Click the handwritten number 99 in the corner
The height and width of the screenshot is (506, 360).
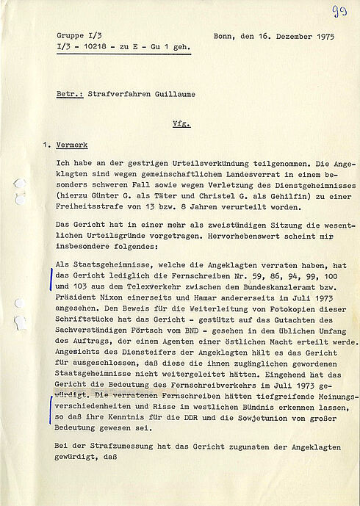pyautogui.click(x=341, y=10)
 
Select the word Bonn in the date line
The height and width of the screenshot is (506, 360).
pyautogui.click(x=223, y=35)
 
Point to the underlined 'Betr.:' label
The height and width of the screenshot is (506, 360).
pyautogui.click(x=70, y=93)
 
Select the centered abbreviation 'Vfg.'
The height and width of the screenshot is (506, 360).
pyautogui.click(x=181, y=123)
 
